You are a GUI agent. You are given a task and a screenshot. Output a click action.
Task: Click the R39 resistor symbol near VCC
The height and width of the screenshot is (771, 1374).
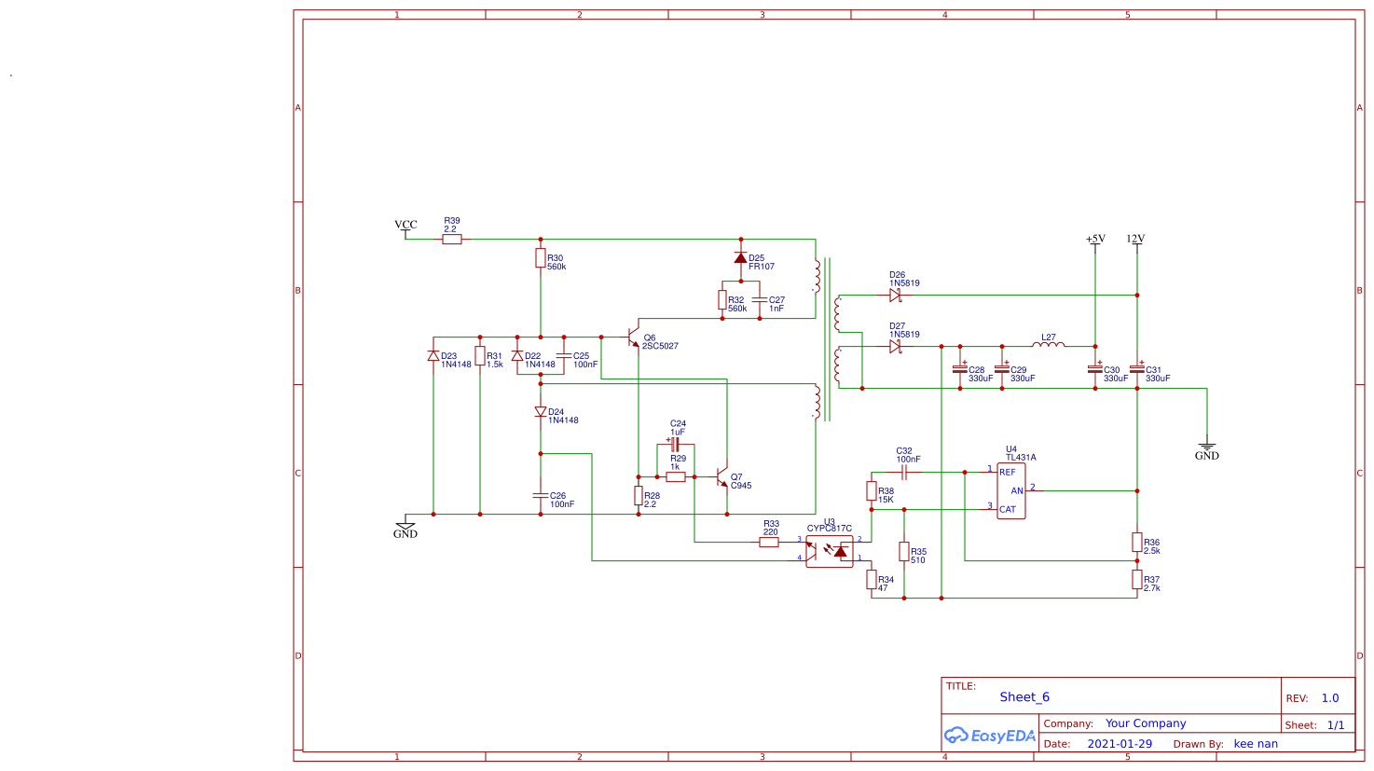tap(451, 240)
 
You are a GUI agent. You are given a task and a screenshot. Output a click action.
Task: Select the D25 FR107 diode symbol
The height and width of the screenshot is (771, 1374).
tap(741, 258)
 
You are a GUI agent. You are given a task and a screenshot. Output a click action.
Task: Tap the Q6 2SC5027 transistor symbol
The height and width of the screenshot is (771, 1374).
tap(635, 337)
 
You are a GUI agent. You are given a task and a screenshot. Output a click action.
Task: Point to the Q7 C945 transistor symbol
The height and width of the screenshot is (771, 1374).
tap(721, 477)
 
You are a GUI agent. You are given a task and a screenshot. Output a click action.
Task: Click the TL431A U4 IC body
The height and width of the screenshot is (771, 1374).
tap(1011, 490)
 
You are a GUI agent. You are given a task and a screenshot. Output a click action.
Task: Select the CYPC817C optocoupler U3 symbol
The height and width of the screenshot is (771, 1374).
tap(829, 551)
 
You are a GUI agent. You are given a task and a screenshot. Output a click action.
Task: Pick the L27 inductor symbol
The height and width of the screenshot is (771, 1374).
tap(1049, 345)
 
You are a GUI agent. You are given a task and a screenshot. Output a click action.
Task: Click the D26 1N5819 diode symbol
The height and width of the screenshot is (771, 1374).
tap(895, 296)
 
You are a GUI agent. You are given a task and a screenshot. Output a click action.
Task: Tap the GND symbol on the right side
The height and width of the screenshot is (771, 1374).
tap(1206, 448)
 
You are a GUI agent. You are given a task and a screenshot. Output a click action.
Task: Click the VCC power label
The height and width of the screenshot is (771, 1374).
tap(405, 225)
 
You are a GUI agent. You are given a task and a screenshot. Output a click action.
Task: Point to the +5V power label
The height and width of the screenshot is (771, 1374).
tap(1095, 240)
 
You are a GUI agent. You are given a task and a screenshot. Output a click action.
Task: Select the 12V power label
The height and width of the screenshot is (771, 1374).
tap(1135, 240)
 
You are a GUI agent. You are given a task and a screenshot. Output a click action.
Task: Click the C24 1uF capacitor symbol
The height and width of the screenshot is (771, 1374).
tap(675, 445)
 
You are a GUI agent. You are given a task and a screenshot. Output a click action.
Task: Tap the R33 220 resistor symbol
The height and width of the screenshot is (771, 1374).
tap(769, 542)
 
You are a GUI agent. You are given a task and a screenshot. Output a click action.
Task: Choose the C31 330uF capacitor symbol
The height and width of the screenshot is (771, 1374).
tap(1137, 369)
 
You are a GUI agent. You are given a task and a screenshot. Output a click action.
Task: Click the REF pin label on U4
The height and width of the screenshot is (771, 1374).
tap(1008, 473)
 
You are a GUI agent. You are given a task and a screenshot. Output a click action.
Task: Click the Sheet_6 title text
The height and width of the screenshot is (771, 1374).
tap(1024, 697)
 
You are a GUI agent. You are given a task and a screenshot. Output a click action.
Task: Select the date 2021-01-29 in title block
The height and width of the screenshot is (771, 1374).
tap(1120, 744)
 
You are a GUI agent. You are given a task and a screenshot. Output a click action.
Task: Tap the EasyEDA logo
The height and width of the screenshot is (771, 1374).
tap(989, 736)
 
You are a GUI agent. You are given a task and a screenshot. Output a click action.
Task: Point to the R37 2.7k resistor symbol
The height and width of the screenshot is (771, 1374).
tap(1137, 580)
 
